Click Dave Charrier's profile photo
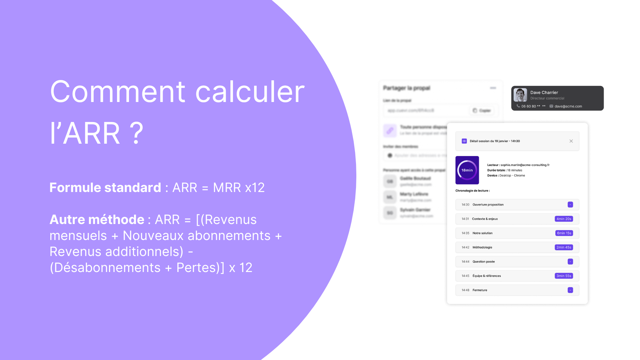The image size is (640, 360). pyautogui.click(x=520, y=95)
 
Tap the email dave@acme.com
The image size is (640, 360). pyautogui.click(x=568, y=106)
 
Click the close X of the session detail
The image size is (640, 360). pyautogui.click(x=571, y=141)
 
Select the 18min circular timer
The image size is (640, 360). pyautogui.click(x=467, y=170)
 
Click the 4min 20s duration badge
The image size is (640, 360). pyautogui.click(x=564, y=219)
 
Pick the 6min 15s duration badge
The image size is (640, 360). pyautogui.click(x=564, y=233)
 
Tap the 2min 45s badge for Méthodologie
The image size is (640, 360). pyautogui.click(x=564, y=247)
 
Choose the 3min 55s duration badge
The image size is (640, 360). pyautogui.click(x=564, y=276)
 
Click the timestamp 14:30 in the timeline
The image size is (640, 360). pyautogui.click(x=465, y=205)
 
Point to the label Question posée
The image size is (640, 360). pyautogui.click(x=483, y=262)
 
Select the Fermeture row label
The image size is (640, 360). pyautogui.click(x=480, y=290)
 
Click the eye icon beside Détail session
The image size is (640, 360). pyautogui.click(x=464, y=141)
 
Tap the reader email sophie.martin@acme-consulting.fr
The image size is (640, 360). pyautogui.click(x=525, y=165)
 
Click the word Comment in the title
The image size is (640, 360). pyautogui.click(x=117, y=92)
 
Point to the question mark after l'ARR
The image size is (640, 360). pyautogui.click(x=136, y=133)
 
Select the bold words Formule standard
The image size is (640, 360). pyautogui.click(x=105, y=188)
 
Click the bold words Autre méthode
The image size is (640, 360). pyautogui.click(x=97, y=220)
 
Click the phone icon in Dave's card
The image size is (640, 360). pyautogui.click(x=518, y=106)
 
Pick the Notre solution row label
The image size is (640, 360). pyautogui.click(x=482, y=233)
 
